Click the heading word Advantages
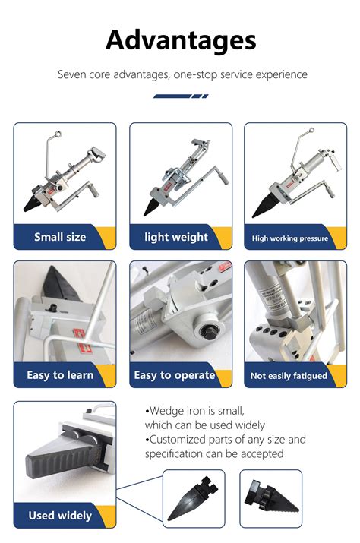(x=180, y=39)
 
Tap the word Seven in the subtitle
(x=73, y=75)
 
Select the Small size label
(x=60, y=237)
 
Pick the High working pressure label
(x=290, y=238)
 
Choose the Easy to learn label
(x=60, y=374)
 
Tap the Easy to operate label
(x=174, y=374)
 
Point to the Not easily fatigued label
(x=289, y=375)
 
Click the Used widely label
(x=60, y=516)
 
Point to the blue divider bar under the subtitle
(x=180, y=96)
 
